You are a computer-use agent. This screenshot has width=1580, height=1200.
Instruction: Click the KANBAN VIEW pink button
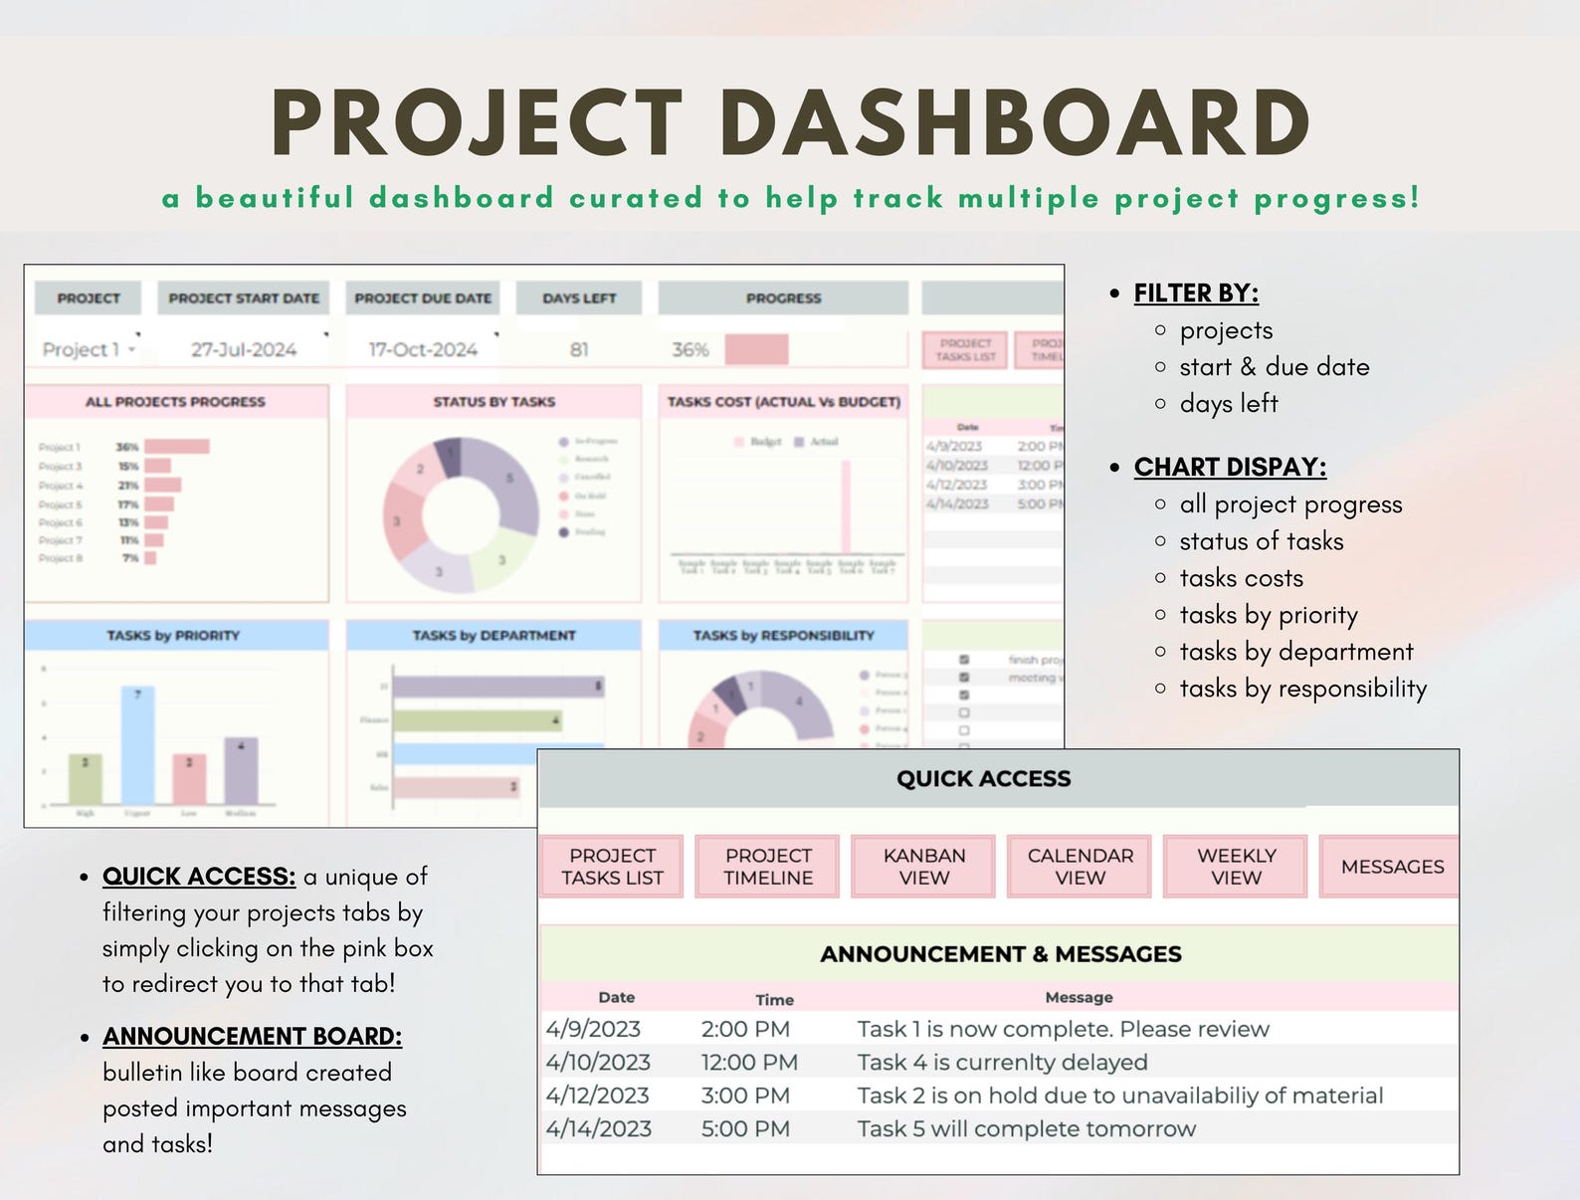coord(924,867)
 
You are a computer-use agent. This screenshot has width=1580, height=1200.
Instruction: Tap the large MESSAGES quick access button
coord(1391,867)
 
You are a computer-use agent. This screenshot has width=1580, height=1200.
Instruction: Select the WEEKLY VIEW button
coord(1236,867)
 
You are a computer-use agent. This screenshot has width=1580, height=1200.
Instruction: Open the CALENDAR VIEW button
coord(1080,867)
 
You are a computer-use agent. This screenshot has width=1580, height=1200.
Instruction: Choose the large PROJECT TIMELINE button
coord(768,867)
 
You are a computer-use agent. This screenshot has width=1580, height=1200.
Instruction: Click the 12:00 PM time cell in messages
coord(749,1063)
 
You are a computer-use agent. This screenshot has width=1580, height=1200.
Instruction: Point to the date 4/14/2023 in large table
coord(598,1129)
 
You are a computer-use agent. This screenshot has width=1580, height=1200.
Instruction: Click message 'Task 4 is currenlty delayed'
coord(1002,1063)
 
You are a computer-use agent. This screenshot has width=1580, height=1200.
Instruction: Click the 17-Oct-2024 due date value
coord(423,349)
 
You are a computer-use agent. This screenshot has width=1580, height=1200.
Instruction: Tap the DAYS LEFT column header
coord(579,299)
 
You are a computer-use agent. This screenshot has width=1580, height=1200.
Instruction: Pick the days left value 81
coord(579,349)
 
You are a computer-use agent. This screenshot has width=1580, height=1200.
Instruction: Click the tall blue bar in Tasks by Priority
coord(138,746)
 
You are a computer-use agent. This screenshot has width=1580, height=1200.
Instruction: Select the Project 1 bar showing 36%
coord(177,447)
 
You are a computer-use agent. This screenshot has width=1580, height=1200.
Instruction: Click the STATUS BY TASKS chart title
coord(494,402)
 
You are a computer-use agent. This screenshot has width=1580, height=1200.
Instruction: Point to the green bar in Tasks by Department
coord(478,719)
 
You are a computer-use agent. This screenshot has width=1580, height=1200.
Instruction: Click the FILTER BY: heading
coord(1196,294)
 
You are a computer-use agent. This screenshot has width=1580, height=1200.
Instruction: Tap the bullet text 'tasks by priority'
coord(1269,615)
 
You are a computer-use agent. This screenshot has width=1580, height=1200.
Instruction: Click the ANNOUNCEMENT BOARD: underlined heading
coord(252,1037)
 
